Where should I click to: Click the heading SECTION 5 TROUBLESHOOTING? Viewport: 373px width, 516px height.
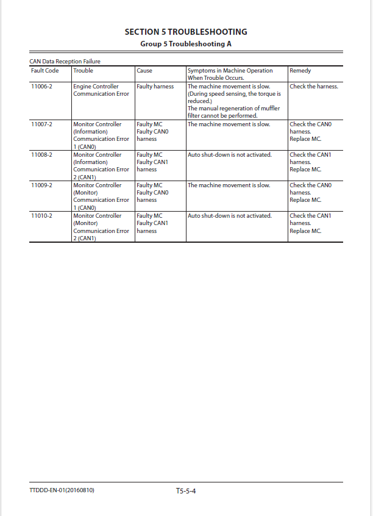click(x=186, y=32)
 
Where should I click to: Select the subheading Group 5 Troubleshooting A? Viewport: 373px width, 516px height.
click(x=186, y=44)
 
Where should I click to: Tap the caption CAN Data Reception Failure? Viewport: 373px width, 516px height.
click(x=65, y=62)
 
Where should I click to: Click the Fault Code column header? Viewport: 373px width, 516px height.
click(x=45, y=71)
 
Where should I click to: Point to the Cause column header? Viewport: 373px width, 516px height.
click(x=144, y=71)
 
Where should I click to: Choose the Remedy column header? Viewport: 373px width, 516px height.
click(x=300, y=71)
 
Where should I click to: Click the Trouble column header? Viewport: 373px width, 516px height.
click(x=83, y=71)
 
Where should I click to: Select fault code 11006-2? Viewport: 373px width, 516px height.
click(x=42, y=87)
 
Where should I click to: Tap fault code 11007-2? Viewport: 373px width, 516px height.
click(x=42, y=124)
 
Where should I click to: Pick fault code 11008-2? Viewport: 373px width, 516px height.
click(x=42, y=155)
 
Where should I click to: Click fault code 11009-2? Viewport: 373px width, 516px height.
click(x=42, y=185)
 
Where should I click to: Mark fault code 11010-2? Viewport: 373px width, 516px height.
click(x=42, y=216)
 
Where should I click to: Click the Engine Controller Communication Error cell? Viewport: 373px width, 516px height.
click(x=101, y=90)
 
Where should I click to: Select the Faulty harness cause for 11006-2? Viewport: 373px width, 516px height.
click(x=155, y=87)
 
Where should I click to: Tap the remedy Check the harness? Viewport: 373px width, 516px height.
click(x=313, y=87)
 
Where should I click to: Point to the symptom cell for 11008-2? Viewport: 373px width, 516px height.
click(x=229, y=155)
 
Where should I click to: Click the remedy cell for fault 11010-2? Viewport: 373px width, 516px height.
click(x=310, y=223)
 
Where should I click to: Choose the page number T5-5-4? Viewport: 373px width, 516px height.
click(x=186, y=490)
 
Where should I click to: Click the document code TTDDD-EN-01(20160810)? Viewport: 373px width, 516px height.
click(x=62, y=490)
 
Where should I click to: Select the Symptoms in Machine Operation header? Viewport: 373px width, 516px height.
click(x=230, y=74)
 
